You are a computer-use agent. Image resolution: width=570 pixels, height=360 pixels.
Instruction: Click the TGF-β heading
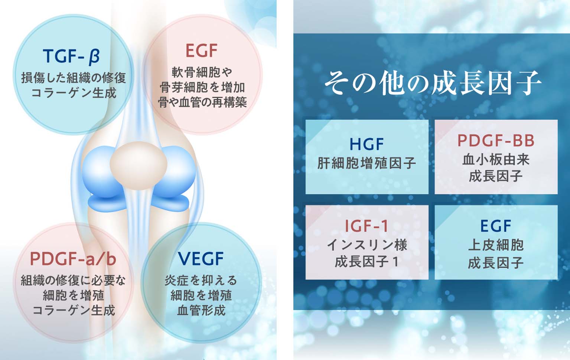coord(71,56)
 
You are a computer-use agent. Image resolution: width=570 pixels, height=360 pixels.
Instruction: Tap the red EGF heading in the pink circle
coord(201,51)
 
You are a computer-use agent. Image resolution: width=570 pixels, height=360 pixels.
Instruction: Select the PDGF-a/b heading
coord(73,259)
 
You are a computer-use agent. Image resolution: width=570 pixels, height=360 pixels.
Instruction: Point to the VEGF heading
coord(201,259)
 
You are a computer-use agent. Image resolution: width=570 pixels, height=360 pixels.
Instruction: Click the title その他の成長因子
coord(433,82)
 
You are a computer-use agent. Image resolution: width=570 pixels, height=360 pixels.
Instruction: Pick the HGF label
coord(367,144)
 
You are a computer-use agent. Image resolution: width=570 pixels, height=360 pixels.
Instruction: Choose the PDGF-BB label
coord(496,140)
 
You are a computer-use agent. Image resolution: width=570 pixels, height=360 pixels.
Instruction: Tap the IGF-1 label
coord(367,226)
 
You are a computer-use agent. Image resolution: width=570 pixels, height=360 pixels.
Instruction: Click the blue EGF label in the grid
coord(496,226)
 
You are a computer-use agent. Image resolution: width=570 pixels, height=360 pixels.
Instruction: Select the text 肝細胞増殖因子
coord(367,163)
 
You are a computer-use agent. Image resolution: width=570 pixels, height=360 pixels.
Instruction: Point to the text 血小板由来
coord(496,160)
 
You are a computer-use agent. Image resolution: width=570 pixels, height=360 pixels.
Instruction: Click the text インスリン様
coord(367,245)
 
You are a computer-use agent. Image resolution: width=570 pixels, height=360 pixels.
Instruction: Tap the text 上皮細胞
coord(496,245)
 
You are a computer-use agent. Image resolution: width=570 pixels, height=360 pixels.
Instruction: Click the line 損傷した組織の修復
coord(74,78)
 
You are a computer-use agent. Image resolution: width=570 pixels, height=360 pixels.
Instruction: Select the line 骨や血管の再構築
coord(202,102)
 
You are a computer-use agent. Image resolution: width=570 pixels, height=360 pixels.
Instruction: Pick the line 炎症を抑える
coord(201,281)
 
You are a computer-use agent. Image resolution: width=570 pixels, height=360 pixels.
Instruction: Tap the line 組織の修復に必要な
coord(73,281)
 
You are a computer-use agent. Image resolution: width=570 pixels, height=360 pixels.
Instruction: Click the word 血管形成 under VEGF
coord(201,310)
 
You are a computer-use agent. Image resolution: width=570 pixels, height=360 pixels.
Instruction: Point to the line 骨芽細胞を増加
coord(202,87)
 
